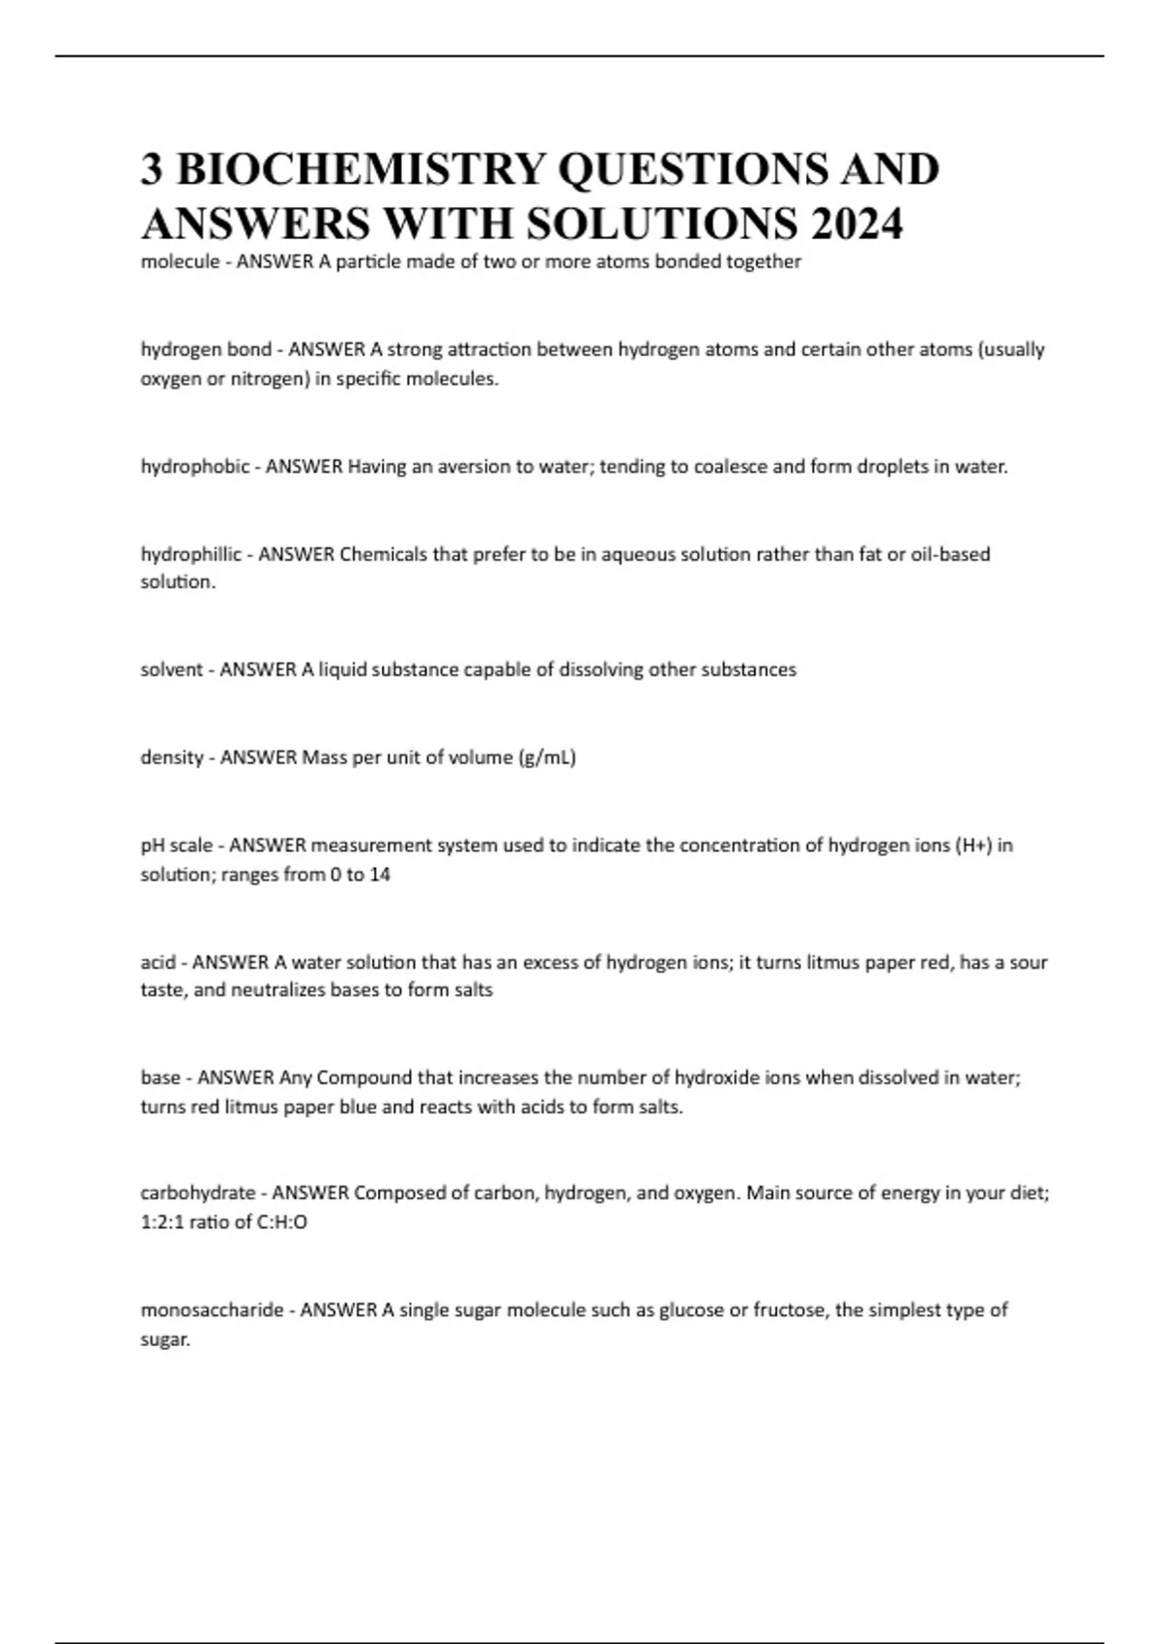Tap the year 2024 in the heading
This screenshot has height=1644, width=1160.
(x=856, y=223)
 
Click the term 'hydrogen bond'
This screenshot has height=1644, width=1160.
(x=206, y=349)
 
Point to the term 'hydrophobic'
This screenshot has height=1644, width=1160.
(x=194, y=466)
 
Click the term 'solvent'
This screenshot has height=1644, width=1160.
(x=171, y=669)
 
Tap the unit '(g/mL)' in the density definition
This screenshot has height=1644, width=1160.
(x=546, y=757)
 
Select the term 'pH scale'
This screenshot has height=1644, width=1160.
(x=176, y=845)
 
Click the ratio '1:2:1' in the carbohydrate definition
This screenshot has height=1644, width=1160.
(x=161, y=1222)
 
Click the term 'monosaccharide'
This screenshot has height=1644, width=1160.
(x=212, y=1310)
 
